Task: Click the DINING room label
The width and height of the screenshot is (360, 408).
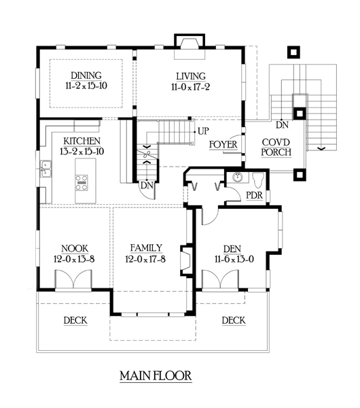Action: (x=86, y=75)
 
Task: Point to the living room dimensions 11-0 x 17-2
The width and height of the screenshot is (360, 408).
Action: (x=190, y=87)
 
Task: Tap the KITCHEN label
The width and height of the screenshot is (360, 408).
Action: (x=82, y=141)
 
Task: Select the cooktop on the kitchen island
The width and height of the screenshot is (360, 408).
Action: (x=82, y=183)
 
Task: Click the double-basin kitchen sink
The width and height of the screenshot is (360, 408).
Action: (x=46, y=169)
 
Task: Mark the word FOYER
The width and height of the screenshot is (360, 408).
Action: (x=223, y=145)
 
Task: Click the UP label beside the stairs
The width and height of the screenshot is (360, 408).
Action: (x=203, y=131)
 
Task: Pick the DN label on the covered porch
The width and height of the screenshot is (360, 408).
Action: (x=282, y=125)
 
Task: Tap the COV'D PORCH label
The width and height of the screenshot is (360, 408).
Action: (x=276, y=148)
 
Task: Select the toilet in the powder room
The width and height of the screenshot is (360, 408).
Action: (x=258, y=180)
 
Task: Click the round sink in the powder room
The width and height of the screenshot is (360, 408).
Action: (x=238, y=177)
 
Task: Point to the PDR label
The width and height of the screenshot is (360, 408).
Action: (x=254, y=195)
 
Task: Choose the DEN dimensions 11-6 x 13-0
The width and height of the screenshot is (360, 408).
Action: (x=234, y=259)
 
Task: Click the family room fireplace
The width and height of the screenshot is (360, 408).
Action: (x=187, y=260)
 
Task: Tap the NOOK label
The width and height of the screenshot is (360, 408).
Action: (x=75, y=248)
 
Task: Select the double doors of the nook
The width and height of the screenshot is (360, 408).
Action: (x=73, y=279)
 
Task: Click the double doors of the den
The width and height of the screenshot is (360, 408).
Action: (x=220, y=279)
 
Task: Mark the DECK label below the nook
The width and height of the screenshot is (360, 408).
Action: (x=75, y=320)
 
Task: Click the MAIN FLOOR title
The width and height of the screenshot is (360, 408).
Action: (x=156, y=376)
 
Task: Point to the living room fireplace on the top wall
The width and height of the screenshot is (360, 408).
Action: (x=190, y=46)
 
